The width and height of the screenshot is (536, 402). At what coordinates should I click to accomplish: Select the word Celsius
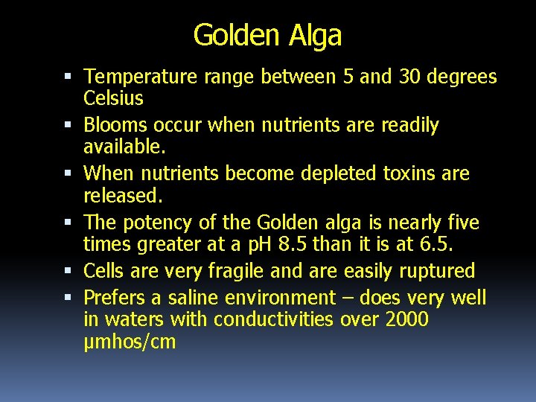point(114,98)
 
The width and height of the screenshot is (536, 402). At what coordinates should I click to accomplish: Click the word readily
point(409,125)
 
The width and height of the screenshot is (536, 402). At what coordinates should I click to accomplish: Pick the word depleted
point(340,173)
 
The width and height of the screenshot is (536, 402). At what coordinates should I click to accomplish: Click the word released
point(122,196)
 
